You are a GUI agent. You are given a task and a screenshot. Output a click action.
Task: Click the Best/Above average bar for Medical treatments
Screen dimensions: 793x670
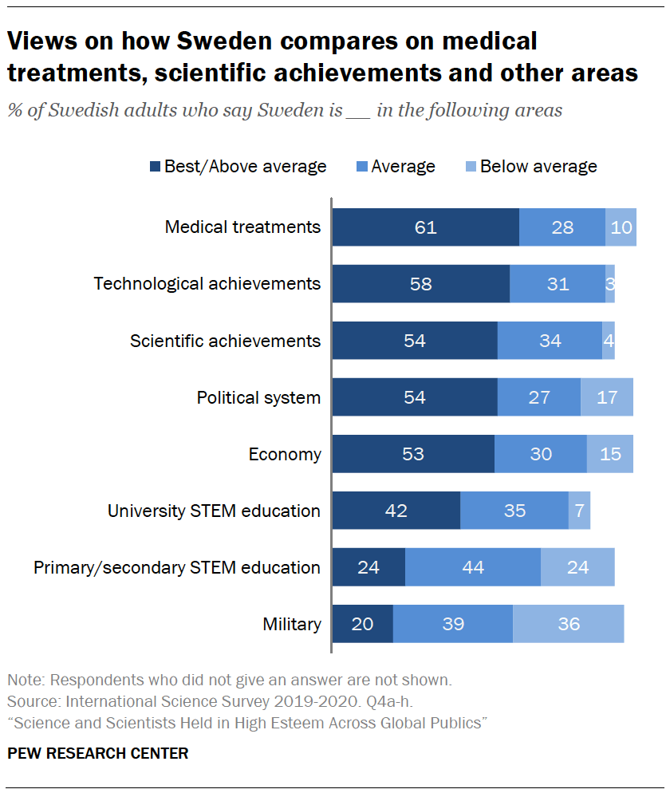coord(425,227)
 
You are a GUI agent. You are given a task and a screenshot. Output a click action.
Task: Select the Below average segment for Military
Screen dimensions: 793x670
coord(568,624)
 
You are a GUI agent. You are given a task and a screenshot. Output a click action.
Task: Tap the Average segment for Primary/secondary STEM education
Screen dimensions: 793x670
coord(472,567)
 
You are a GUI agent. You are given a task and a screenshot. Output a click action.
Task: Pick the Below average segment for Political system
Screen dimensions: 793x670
coord(606,397)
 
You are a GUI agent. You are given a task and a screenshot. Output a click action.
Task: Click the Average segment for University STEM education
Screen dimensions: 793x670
coord(514,511)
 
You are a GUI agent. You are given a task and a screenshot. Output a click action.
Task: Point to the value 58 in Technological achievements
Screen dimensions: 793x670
coord(420,284)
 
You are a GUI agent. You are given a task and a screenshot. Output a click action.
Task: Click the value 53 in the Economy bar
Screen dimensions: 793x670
coord(413,454)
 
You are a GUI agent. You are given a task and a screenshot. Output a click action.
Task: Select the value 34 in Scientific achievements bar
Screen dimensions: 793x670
coord(550,341)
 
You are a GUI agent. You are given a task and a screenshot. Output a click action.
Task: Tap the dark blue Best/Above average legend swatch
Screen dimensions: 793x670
coord(155,167)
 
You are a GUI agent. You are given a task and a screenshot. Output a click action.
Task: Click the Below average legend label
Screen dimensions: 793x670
coord(538,167)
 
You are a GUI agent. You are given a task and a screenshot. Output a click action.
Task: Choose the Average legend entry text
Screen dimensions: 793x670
coord(403,167)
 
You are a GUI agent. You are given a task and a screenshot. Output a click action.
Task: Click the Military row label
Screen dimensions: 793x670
coord(292,624)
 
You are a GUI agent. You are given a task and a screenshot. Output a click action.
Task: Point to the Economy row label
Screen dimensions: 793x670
coord(285,454)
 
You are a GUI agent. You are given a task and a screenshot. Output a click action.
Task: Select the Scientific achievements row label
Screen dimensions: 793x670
coord(226,341)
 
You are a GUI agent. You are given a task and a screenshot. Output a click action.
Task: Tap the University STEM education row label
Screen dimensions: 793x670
coord(214,511)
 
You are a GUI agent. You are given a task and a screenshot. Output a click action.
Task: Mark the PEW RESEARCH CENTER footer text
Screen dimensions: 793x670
coord(98,753)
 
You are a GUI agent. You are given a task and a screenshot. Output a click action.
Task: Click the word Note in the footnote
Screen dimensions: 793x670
coord(25,681)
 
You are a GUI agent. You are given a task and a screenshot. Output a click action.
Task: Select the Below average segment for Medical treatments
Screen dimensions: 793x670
coord(621,227)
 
